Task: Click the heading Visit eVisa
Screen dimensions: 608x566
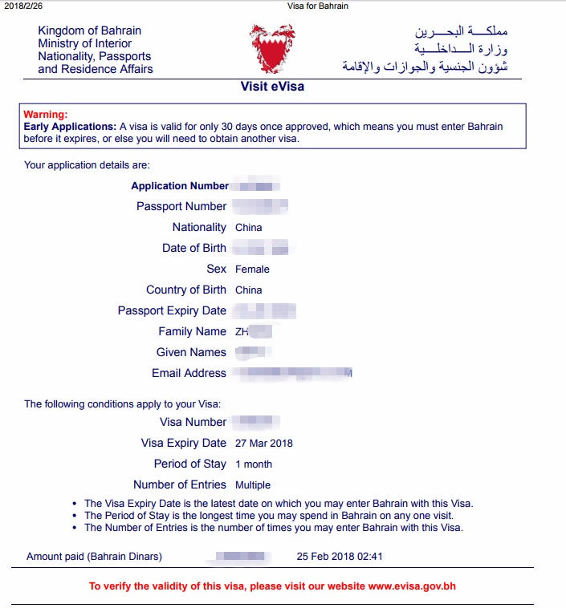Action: (x=272, y=87)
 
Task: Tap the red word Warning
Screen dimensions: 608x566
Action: (x=46, y=115)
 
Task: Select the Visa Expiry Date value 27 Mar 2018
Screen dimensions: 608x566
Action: (x=264, y=444)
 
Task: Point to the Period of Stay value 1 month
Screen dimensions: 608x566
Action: (x=254, y=464)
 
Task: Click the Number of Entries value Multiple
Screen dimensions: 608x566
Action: (x=253, y=485)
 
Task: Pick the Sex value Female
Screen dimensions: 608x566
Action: (x=252, y=270)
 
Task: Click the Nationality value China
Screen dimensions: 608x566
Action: (x=249, y=228)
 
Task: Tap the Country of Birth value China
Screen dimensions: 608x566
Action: (x=249, y=290)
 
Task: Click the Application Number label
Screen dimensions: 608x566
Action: (x=180, y=186)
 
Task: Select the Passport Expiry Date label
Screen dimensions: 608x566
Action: (x=172, y=310)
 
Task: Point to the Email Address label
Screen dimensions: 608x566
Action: (x=189, y=373)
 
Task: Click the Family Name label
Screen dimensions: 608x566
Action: (x=193, y=331)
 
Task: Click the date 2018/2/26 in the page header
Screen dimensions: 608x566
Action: (x=22, y=6)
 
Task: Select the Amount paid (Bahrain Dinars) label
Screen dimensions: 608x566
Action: (x=94, y=556)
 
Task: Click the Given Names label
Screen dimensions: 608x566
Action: (x=191, y=352)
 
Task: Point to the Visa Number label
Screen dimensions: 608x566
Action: (x=193, y=422)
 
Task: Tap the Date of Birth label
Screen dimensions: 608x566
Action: (x=194, y=249)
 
